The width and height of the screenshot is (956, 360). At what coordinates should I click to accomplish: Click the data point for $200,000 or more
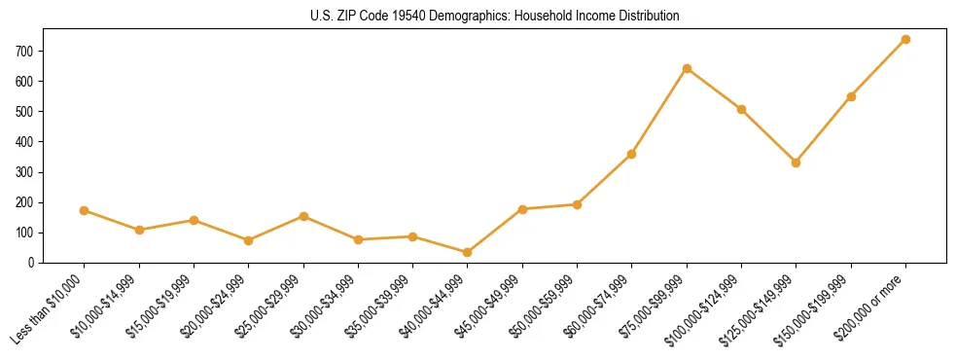(x=905, y=39)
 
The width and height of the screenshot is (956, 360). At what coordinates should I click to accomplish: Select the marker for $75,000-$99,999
(x=687, y=68)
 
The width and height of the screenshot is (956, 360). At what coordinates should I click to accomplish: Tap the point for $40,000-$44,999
(x=468, y=252)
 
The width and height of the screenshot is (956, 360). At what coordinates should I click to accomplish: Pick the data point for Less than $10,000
(x=85, y=210)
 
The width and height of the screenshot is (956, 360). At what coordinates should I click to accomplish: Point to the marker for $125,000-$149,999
(x=797, y=162)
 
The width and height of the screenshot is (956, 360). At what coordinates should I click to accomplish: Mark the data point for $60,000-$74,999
(x=632, y=154)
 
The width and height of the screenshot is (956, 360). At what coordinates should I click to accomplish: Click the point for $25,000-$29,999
(x=303, y=216)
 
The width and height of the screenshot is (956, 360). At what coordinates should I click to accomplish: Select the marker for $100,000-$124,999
(x=741, y=109)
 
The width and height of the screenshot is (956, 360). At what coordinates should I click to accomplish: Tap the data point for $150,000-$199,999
(x=851, y=96)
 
